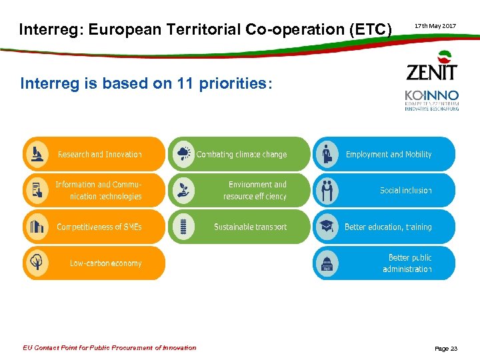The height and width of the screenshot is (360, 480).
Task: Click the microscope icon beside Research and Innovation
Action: pyautogui.click(x=36, y=154)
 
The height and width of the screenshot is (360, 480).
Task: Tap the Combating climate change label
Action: pyautogui.click(x=241, y=155)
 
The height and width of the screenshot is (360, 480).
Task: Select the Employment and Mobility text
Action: pyautogui.click(x=388, y=155)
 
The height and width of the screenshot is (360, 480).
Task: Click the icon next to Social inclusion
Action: pyautogui.click(x=326, y=191)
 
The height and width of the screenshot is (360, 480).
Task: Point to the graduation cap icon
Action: pyautogui.click(x=326, y=227)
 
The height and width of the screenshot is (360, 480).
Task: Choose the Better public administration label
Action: pyautogui.click(x=407, y=263)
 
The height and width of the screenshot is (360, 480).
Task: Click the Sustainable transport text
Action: pyautogui.click(x=250, y=227)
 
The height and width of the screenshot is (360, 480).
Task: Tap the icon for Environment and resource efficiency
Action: pyautogui.click(x=181, y=191)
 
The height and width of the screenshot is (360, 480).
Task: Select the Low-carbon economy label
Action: pyautogui.click(x=105, y=263)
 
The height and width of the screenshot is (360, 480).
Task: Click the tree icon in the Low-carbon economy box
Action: pyautogui.click(x=36, y=263)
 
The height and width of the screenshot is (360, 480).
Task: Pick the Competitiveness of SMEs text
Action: pyautogui.click(x=99, y=227)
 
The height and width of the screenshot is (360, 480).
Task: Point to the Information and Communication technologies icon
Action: pyautogui.click(x=36, y=191)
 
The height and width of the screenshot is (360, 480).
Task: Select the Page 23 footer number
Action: pyautogui.click(x=446, y=348)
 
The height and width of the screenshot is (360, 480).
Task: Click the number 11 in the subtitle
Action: pyautogui.click(x=182, y=83)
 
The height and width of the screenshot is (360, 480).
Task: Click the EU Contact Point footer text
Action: pyautogui.click(x=109, y=347)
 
